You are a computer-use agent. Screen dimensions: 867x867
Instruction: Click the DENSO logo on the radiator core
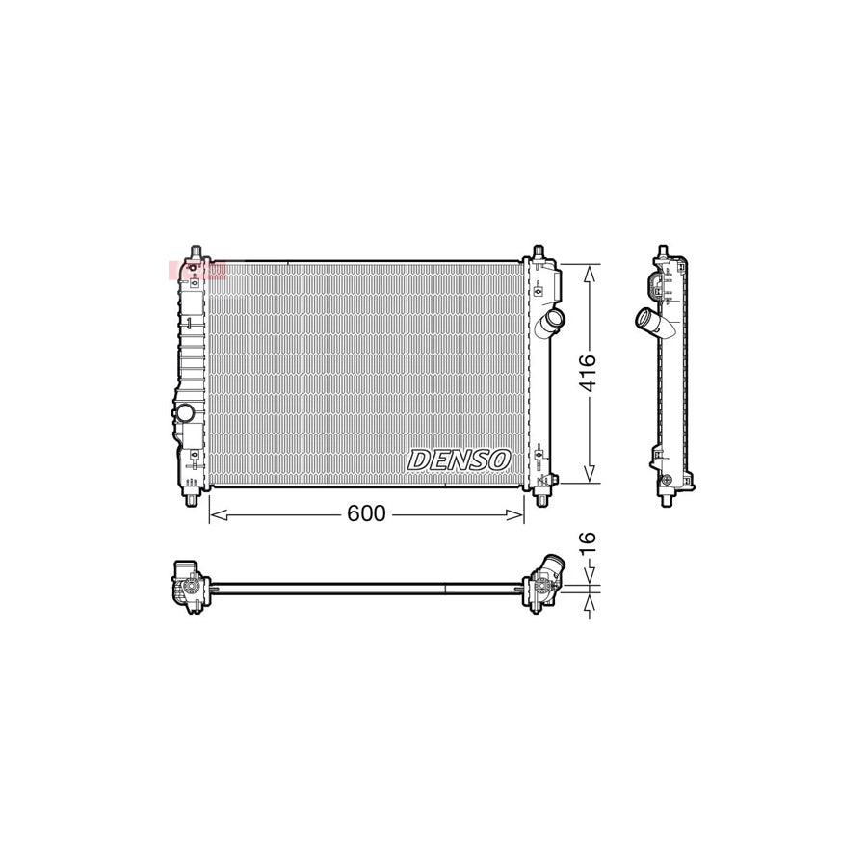[459, 460]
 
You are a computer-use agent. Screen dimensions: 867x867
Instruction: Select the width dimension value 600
[366, 514]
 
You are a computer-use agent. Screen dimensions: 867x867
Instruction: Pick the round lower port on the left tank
[184, 413]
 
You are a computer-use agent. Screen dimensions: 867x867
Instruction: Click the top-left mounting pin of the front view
[196, 253]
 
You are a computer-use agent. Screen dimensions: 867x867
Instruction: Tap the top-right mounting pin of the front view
[539, 252]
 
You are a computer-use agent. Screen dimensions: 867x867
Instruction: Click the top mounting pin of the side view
[665, 252]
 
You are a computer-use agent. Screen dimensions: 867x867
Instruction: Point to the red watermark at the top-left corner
[196, 271]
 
